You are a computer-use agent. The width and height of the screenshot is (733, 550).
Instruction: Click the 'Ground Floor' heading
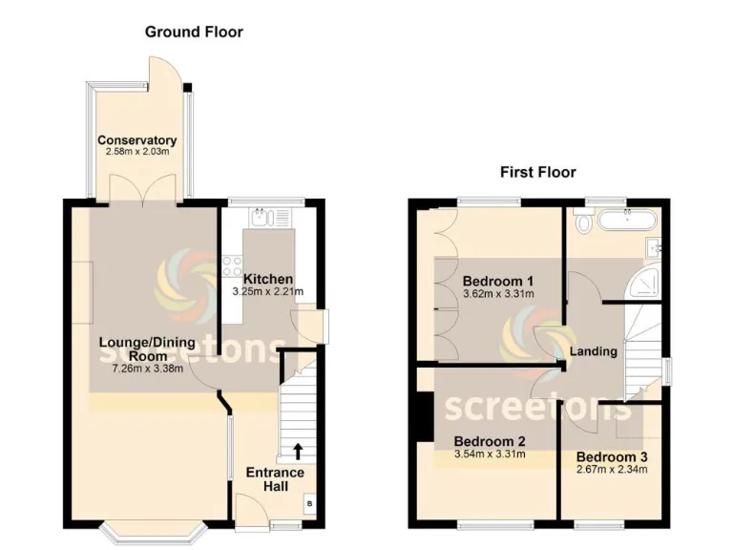[x=194, y=32]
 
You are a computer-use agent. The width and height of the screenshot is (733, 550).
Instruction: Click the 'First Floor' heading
[x=537, y=172]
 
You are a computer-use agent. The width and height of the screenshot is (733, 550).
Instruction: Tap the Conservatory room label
[x=137, y=140]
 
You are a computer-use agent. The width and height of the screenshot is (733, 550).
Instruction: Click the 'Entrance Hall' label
[x=275, y=479]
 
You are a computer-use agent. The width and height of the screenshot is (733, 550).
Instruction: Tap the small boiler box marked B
[x=309, y=503]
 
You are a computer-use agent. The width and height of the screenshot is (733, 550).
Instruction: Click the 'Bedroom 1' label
[x=497, y=281]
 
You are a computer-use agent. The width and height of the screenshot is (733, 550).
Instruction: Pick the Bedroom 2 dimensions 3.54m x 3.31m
[x=491, y=455]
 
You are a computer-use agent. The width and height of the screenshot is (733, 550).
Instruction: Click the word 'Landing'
[x=594, y=351]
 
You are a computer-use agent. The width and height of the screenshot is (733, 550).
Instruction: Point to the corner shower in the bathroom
[x=650, y=282]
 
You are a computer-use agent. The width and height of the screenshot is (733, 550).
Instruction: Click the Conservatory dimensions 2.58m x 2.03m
[x=137, y=152]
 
